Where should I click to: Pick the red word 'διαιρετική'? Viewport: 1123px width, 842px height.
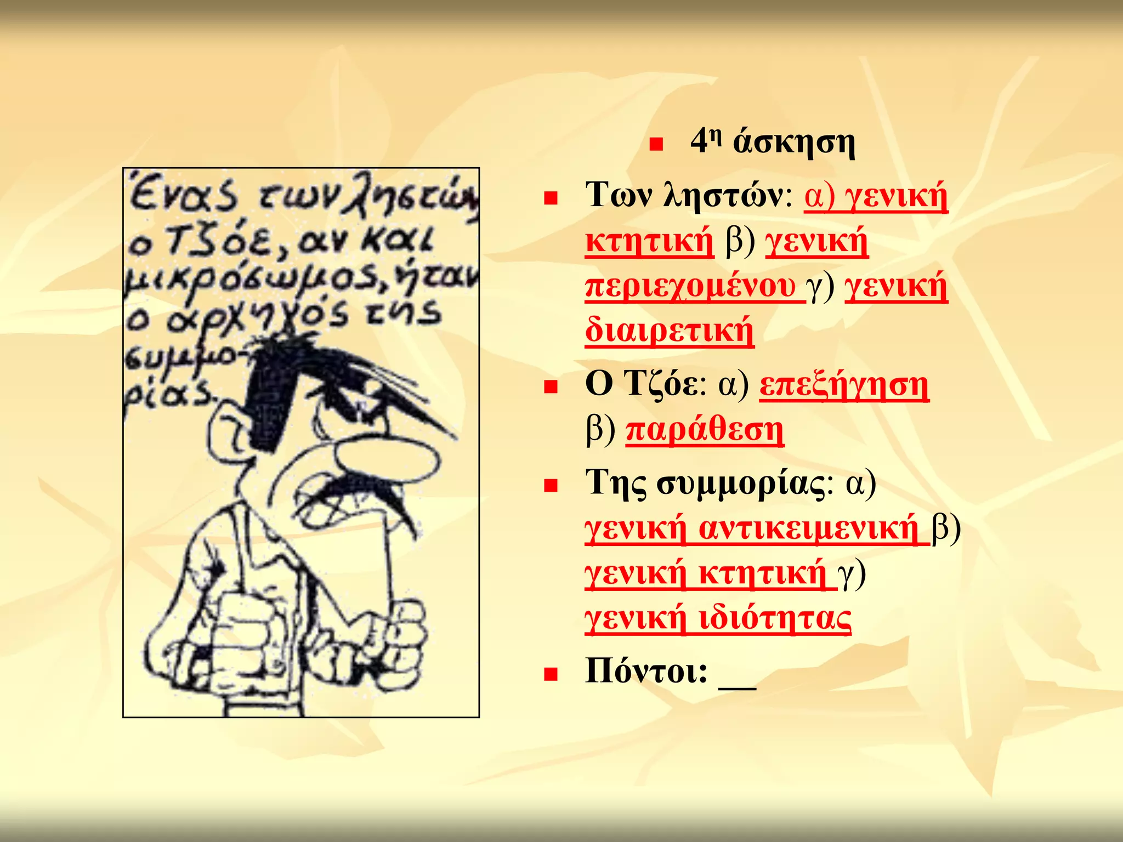[x=669, y=330]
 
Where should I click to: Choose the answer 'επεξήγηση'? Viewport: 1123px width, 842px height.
[x=844, y=385]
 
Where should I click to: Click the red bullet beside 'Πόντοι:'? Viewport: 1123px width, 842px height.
[x=550, y=674]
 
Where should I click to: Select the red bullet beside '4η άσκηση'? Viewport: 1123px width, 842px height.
[x=655, y=145]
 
